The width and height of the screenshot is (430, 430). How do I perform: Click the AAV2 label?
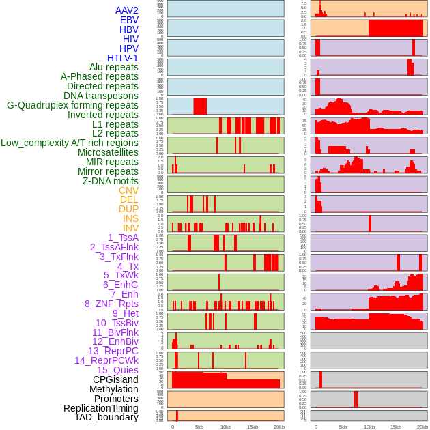coord(126,10)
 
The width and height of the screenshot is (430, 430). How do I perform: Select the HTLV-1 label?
coord(122,58)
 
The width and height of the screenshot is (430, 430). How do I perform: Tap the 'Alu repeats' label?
coord(113,67)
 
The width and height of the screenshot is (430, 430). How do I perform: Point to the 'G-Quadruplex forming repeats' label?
coord(72,105)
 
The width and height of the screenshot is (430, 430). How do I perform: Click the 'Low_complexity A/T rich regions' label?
coord(70,143)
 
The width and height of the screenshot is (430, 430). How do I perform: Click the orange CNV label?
coord(128,190)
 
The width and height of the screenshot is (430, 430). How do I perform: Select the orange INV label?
coord(130,228)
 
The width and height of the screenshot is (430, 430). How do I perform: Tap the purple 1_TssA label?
coord(123,238)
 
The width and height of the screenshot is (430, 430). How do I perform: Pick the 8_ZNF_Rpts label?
coord(111,304)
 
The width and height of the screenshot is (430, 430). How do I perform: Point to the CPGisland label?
coord(115,379)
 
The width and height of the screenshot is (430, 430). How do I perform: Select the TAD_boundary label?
coord(106,417)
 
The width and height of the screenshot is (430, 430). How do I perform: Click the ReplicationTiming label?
coord(101,408)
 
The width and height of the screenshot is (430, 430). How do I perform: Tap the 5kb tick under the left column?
coord(199,427)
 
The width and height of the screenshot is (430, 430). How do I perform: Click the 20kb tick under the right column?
coord(422,427)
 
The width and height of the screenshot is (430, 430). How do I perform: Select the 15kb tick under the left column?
coord(253,427)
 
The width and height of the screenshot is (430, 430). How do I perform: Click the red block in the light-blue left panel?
coord(200,106)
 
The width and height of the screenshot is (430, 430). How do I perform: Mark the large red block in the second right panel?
coord(395,28)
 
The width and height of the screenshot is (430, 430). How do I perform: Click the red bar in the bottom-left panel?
coord(177,416)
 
